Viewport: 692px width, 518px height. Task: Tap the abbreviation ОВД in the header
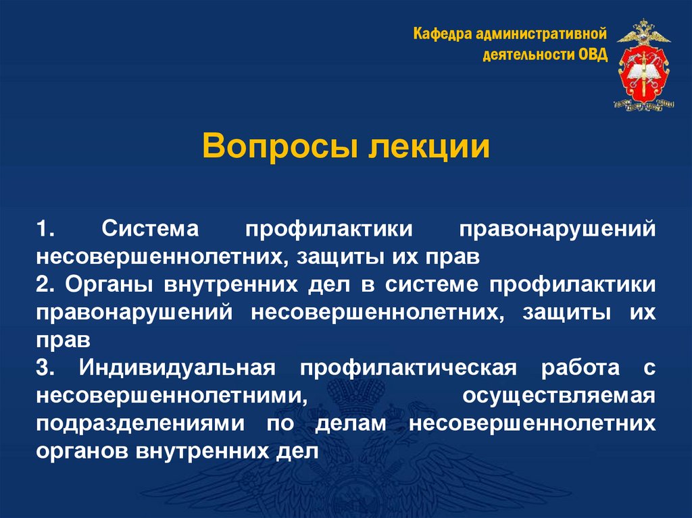[x=593, y=54]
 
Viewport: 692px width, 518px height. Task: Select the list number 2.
[x=45, y=285]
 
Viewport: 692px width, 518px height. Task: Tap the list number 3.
[x=45, y=369]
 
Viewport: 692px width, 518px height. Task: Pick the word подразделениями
[x=139, y=425]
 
